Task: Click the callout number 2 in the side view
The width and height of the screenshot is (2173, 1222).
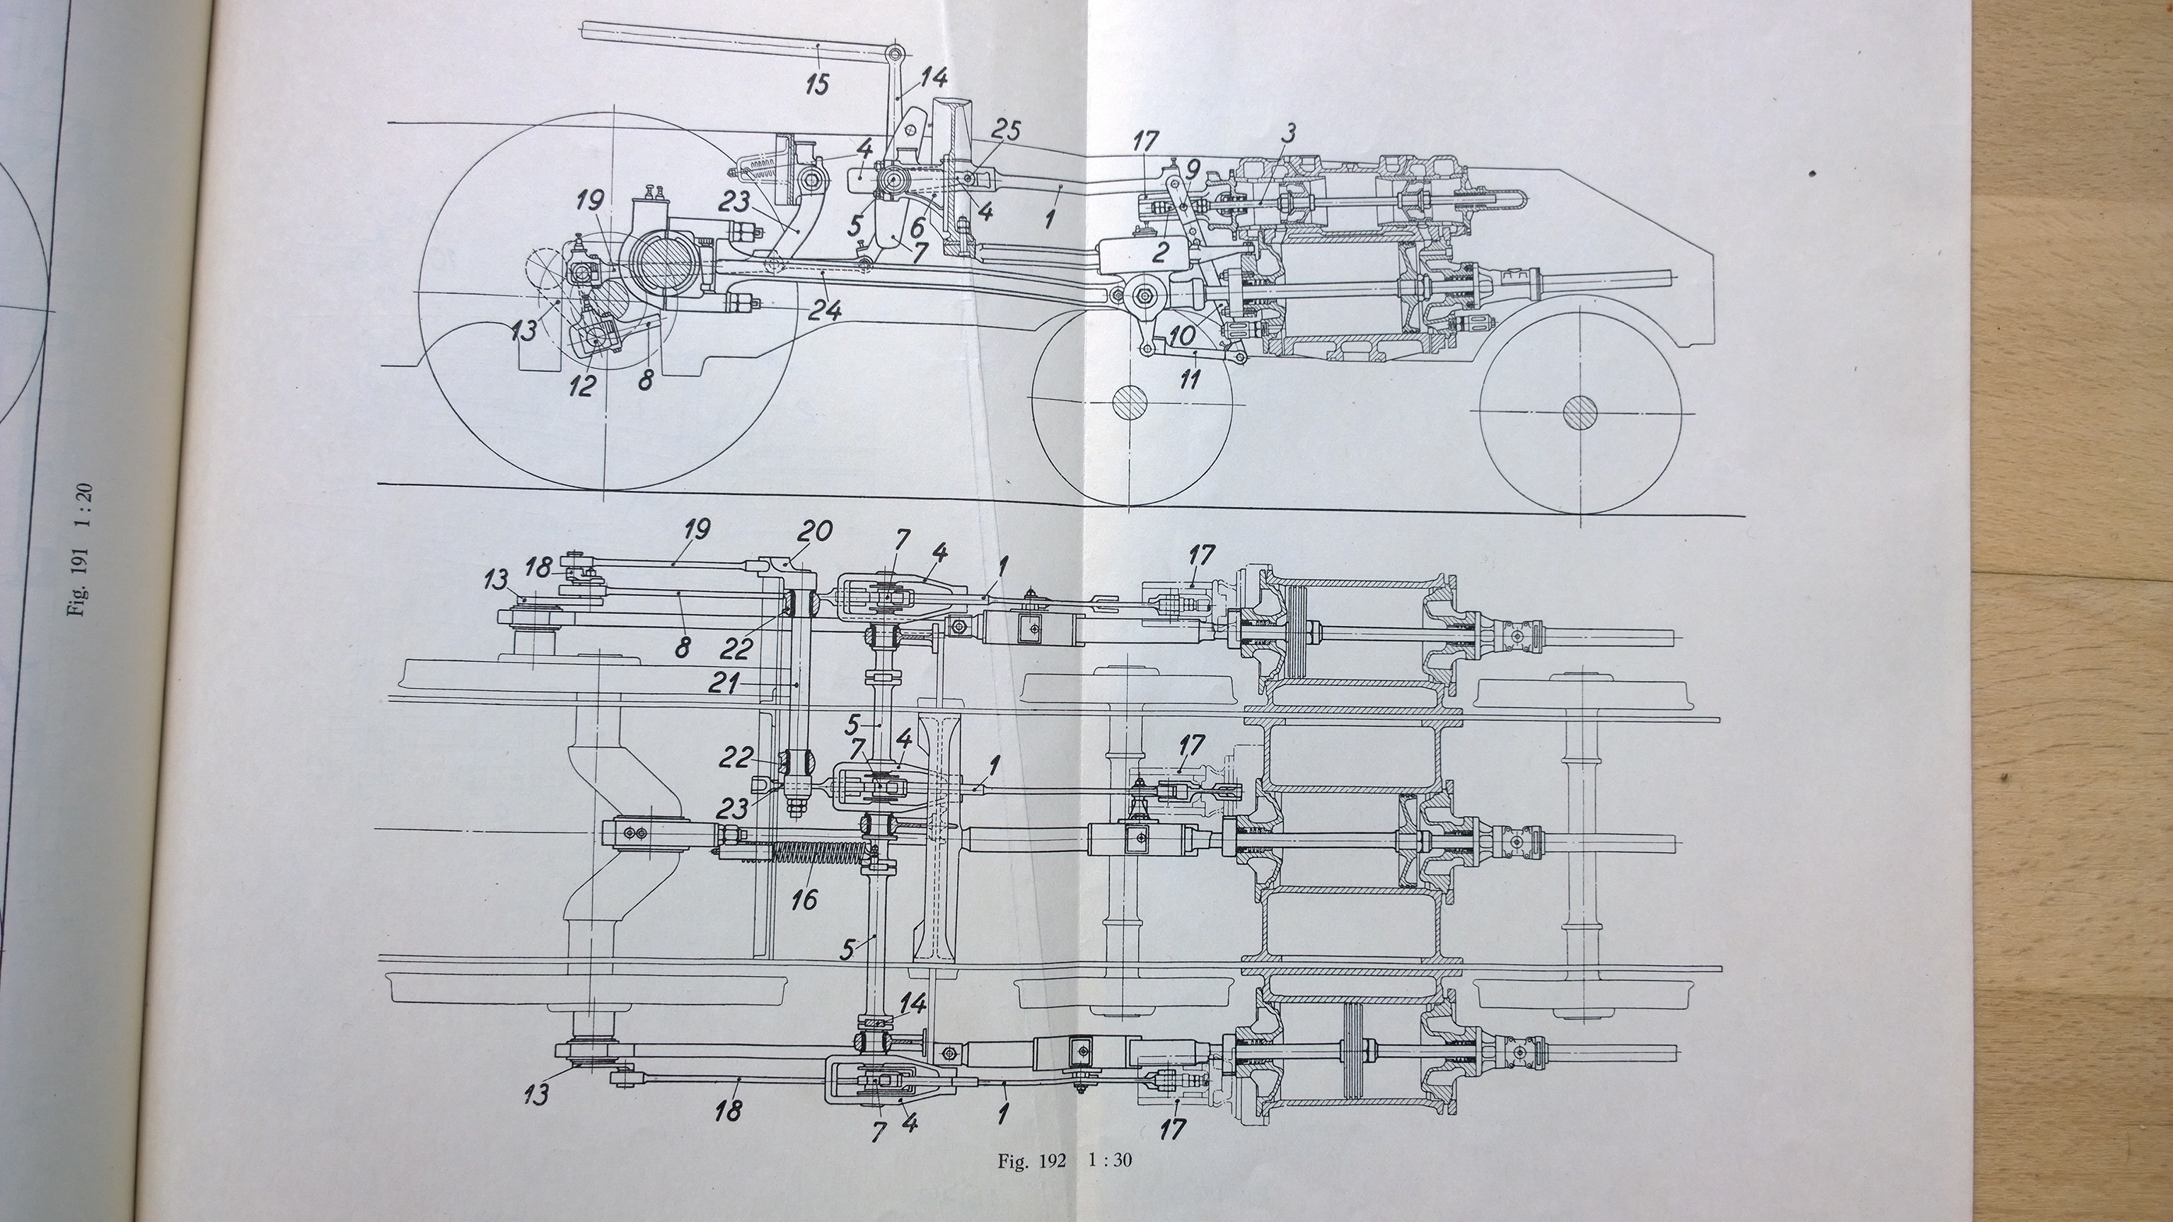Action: point(1160,251)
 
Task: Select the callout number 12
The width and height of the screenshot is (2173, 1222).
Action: point(582,385)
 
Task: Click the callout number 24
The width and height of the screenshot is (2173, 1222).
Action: point(823,311)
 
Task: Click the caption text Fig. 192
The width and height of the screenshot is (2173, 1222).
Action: point(1031,1161)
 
